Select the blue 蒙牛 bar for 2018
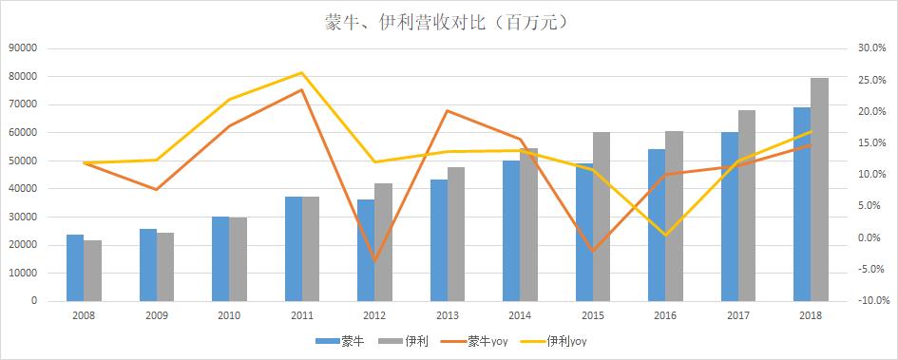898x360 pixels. click(x=802, y=204)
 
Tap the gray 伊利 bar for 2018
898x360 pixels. click(x=819, y=190)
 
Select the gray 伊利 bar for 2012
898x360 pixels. click(x=383, y=242)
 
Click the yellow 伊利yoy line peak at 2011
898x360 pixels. click(x=301, y=73)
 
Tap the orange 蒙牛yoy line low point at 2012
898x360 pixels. click(x=374, y=261)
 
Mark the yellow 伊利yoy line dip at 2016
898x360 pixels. click(x=665, y=235)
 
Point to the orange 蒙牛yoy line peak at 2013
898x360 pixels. click(x=447, y=111)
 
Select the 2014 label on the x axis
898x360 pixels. click(x=519, y=314)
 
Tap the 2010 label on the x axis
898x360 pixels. click(x=228, y=314)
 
